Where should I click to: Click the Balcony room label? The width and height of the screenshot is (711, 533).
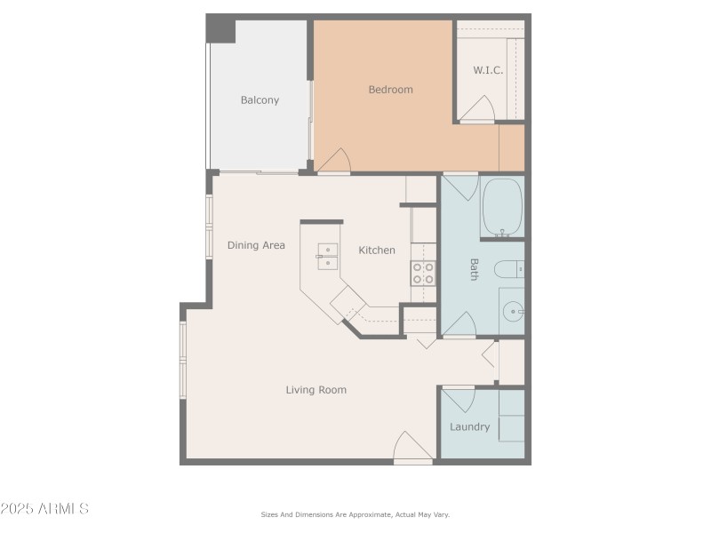pos(260,100)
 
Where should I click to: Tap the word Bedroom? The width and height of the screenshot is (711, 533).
pos(390,90)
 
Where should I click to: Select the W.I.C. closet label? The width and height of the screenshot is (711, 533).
pos(488,70)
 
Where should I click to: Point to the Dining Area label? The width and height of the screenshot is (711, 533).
pos(256,245)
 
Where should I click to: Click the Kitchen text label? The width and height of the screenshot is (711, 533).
pos(377,251)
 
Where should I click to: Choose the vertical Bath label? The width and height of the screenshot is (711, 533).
pos(474,269)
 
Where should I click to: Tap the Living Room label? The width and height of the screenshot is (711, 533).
pos(316,390)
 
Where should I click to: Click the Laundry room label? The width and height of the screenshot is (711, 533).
pos(469,427)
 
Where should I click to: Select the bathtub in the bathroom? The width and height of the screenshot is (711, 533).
pos(502,207)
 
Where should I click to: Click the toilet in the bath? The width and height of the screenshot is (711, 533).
pos(509,269)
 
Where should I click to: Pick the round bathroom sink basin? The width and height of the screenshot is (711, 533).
pos(513,312)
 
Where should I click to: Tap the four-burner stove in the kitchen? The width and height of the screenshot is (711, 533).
pos(423,273)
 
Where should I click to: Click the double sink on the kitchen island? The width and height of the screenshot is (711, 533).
pos(327,256)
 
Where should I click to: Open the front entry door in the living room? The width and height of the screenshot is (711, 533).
pos(412,447)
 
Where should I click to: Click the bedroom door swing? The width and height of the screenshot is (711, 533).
pos(335,161)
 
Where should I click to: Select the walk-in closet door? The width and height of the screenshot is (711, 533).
pos(477,110)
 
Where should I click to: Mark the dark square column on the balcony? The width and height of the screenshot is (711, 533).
pos(220,29)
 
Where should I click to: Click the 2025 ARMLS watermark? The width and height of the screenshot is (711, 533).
pos(44,509)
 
